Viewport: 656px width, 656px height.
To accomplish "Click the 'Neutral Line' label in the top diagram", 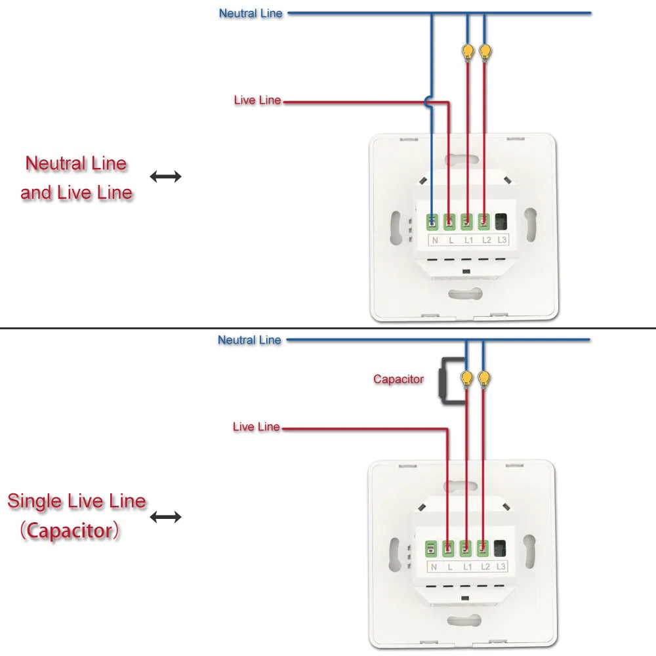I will point(251,13).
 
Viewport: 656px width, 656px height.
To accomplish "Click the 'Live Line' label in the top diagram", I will point(257,100).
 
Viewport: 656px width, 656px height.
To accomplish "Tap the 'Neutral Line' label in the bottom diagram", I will point(249,340).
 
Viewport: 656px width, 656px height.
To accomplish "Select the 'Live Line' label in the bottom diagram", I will point(256,427).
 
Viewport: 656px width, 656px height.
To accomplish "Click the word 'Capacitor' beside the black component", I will point(398,379).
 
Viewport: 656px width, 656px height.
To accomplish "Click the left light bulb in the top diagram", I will point(467,51).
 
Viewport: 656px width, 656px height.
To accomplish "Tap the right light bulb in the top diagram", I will point(485,51).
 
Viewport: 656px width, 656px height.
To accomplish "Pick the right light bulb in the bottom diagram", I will point(484,378).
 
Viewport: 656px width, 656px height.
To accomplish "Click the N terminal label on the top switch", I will point(434,241).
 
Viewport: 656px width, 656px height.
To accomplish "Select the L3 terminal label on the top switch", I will point(502,240).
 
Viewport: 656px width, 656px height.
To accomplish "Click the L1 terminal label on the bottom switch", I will point(468,567).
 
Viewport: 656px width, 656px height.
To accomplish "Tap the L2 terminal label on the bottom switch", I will point(485,567).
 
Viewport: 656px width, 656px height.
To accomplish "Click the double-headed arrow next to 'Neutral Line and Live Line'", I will point(165,176).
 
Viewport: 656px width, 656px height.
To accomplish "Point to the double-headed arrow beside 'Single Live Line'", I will point(165,517).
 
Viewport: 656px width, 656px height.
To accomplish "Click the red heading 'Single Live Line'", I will point(77,502).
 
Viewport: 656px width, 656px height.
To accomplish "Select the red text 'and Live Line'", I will point(76,193).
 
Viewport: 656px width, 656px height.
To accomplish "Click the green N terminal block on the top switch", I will point(434,222).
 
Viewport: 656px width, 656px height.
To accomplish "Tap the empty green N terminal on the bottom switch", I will point(432,547).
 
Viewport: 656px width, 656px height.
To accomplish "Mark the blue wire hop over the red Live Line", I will point(428,102).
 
